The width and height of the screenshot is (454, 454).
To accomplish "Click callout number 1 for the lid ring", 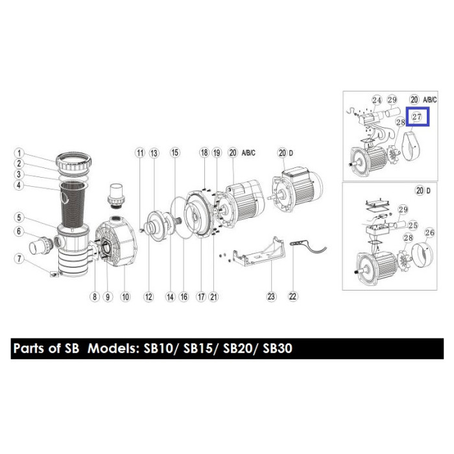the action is [x=19, y=153].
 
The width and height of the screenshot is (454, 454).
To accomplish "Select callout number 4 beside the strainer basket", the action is [x=19, y=185].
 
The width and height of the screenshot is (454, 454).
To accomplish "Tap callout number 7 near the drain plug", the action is [x=19, y=258].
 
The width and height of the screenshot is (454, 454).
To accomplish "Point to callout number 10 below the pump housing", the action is [x=125, y=297].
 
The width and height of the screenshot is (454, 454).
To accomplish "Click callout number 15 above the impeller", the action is [x=175, y=152].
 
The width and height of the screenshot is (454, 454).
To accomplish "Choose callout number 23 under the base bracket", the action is [x=271, y=296].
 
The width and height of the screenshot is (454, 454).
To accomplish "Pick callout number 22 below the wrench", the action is [x=293, y=296].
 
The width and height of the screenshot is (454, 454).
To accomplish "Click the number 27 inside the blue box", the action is [x=417, y=117].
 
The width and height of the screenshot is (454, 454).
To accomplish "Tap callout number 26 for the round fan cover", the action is [x=430, y=232].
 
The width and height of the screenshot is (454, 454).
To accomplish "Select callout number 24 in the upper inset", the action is [x=377, y=101].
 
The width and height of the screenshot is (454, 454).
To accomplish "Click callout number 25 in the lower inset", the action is [x=413, y=225].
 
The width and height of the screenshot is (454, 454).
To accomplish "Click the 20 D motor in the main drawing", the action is [x=297, y=189].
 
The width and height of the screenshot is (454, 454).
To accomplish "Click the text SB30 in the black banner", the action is [x=278, y=348].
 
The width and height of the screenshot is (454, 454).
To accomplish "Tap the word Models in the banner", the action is [x=112, y=348].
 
